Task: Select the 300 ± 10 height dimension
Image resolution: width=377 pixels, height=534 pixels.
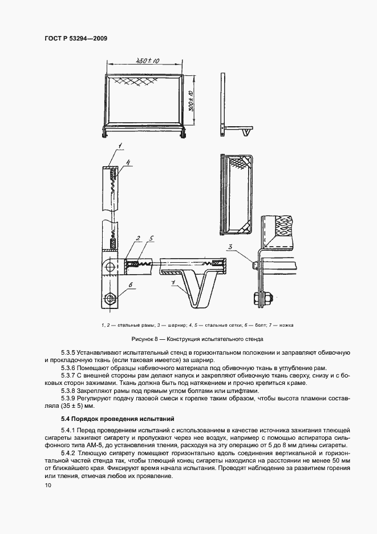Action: click(x=192, y=100)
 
